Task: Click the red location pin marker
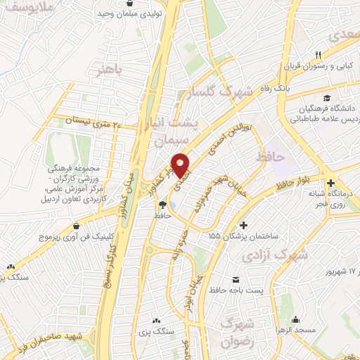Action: [181, 165]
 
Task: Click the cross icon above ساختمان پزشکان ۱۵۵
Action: [244, 226]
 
